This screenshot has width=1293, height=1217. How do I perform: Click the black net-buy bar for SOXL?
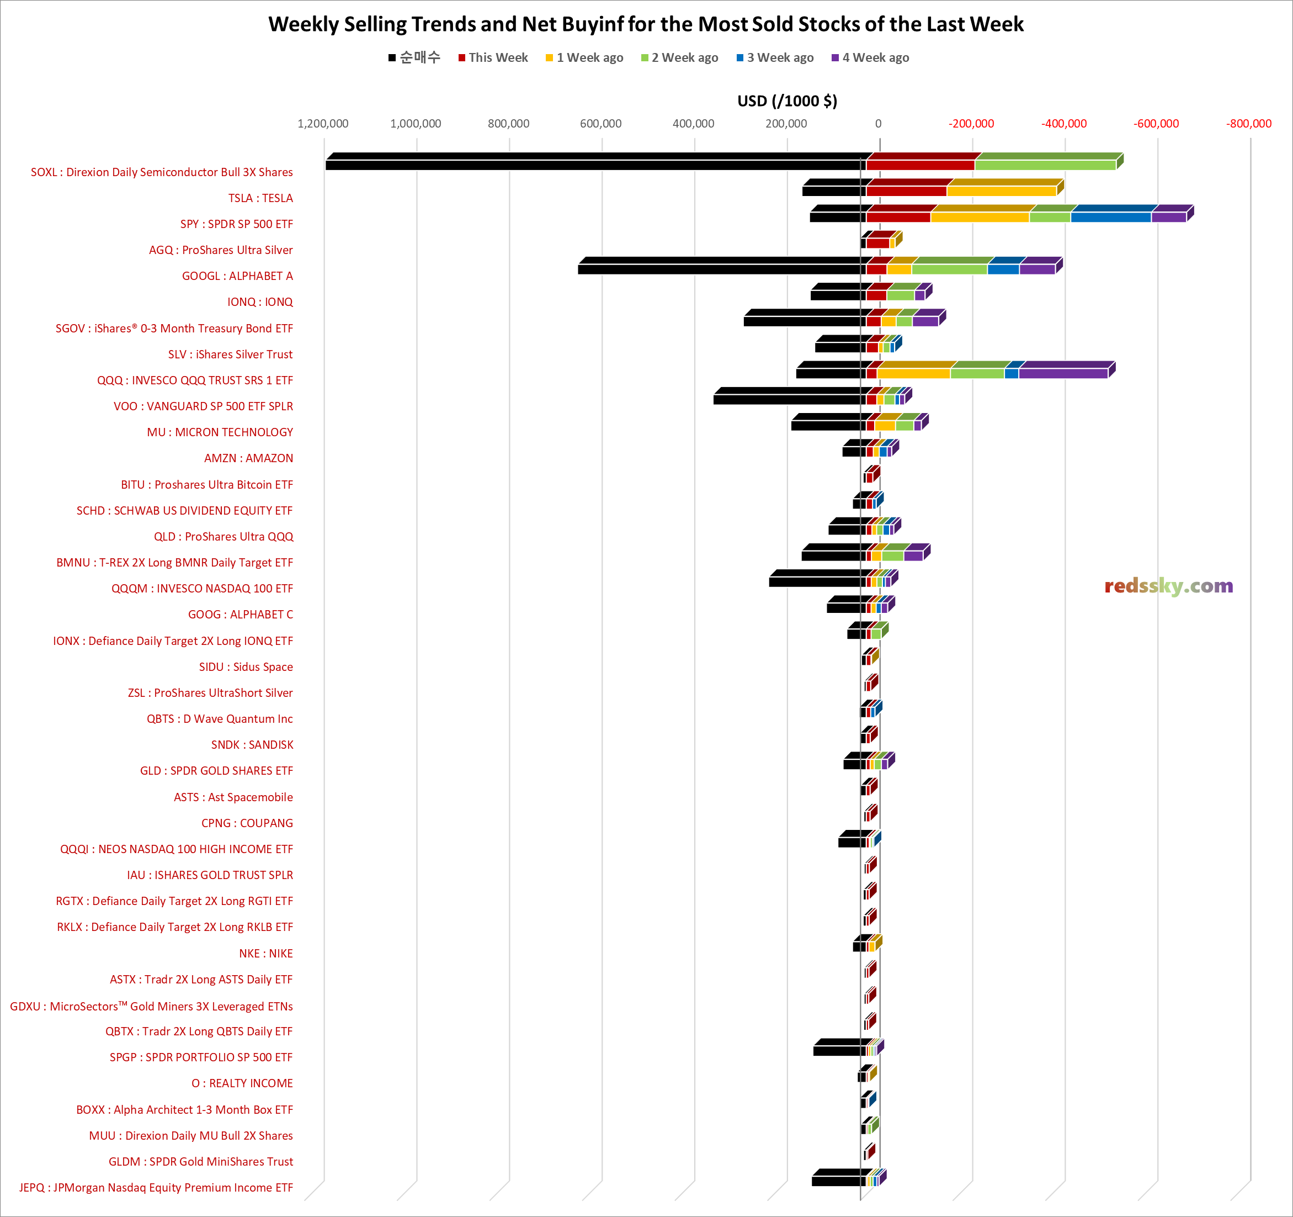pyautogui.click(x=595, y=165)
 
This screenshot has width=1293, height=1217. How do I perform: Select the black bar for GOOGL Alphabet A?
pyautogui.click(x=722, y=269)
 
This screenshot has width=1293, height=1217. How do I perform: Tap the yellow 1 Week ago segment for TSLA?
pyautogui.click(x=1001, y=191)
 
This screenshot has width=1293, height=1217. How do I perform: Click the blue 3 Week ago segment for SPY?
pyautogui.click(x=1110, y=216)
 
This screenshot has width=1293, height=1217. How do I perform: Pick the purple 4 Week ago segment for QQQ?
pyautogui.click(x=1063, y=373)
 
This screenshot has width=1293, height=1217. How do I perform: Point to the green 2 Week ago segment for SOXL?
pyautogui.click(x=1045, y=165)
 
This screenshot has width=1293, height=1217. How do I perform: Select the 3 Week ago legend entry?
pyautogui.click(x=775, y=57)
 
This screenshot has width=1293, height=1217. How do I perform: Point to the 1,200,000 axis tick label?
pyautogui.click(x=323, y=124)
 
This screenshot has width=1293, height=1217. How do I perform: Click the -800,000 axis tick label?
pyautogui.click(x=1248, y=124)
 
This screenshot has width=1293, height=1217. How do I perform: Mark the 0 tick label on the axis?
pyautogui.click(x=878, y=124)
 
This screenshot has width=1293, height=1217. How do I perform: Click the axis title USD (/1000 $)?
pyautogui.click(x=787, y=101)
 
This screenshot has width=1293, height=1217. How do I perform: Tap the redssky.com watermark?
pyautogui.click(x=1168, y=586)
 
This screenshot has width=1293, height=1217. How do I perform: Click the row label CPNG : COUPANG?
pyautogui.click(x=247, y=823)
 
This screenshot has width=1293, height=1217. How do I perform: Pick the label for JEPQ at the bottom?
pyautogui.click(x=156, y=1188)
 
